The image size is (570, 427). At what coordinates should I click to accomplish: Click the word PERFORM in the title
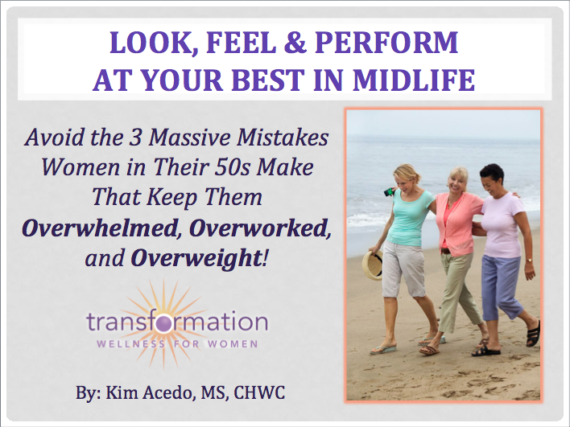point(386,43)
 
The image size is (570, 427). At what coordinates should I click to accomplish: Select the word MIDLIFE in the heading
point(414,80)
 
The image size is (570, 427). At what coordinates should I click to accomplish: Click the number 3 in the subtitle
point(135,138)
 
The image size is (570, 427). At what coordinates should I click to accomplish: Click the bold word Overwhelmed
point(100,228)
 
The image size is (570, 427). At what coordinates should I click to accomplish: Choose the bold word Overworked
point(259,228)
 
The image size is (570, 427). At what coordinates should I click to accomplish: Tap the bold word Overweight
point(196,258)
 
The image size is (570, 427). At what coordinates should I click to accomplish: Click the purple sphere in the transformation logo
point(163,323)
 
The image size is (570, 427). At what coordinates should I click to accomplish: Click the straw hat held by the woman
point(372,265)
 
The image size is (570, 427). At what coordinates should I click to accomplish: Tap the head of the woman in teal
point(407,177)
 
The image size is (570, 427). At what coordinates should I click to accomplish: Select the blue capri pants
point(503,287)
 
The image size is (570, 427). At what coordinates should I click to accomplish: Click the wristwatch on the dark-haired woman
point(529,261)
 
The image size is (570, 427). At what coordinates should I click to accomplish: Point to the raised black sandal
point(534,333)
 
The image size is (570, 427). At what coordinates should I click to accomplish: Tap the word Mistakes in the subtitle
point(283,138)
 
